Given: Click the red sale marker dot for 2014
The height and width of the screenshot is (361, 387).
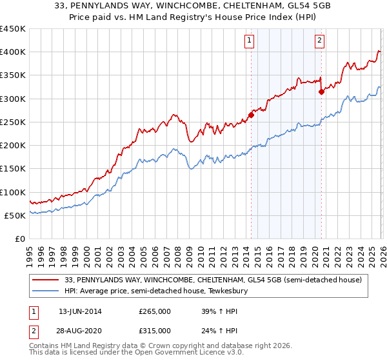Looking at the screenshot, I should click(x=251, y=115).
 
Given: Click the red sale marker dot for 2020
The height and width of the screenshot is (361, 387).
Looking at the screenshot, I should click(x=321, y=92).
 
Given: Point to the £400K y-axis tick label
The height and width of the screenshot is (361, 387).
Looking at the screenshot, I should click(x=13, y=52).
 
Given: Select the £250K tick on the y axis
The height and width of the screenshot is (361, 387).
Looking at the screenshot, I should click(x=13, y=122).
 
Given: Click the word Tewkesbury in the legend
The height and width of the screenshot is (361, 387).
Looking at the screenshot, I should click(x=234, y=291).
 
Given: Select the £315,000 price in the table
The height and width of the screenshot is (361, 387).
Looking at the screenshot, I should click(x=154, y=330).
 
